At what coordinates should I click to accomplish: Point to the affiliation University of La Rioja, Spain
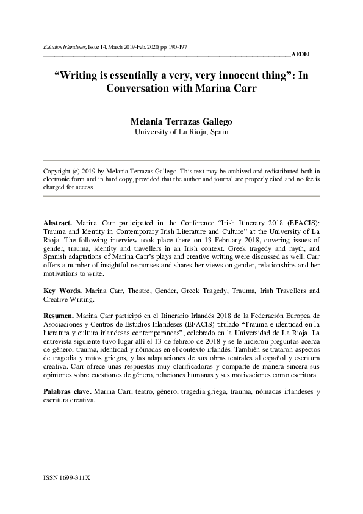point(181,131)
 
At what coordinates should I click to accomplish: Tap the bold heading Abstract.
point(58,218)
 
